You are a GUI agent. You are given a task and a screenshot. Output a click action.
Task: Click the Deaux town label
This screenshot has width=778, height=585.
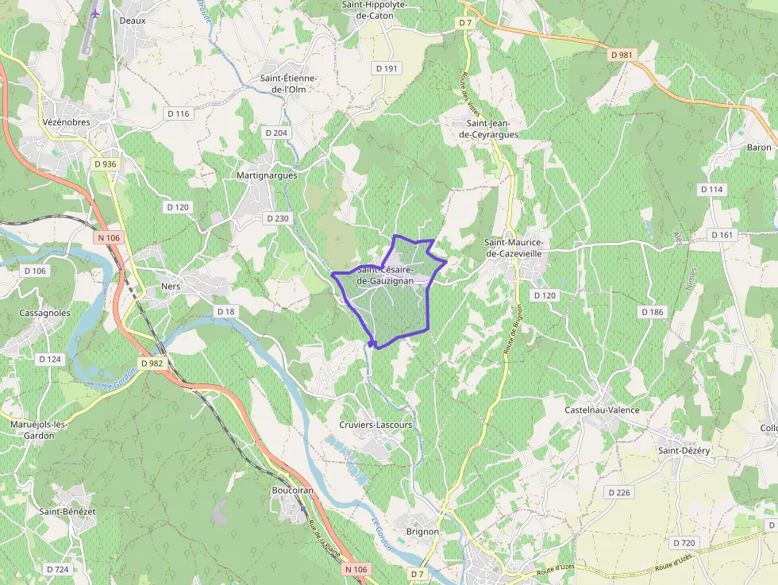[133, 21]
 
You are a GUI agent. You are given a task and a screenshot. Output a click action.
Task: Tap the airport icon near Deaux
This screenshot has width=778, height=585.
[96, 13]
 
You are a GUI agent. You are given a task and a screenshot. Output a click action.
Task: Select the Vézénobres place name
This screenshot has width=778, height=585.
[67, 122]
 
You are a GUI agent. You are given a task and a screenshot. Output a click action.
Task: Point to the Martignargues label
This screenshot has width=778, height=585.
[267, 175]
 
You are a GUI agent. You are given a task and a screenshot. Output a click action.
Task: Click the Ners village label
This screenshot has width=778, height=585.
[171, 286]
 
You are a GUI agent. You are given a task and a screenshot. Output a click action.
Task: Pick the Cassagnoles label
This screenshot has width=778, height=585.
[44, 313]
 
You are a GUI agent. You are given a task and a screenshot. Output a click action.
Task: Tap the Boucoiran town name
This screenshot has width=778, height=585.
[293, 491]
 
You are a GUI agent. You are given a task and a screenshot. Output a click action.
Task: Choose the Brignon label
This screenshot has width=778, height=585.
[422, 532]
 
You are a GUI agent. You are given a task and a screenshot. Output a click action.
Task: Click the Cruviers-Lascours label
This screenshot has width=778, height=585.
[376, 425]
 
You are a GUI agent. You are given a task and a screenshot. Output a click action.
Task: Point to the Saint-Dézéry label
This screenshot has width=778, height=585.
[684, 450]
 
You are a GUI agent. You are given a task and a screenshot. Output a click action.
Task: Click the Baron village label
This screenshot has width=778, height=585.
[759, 148]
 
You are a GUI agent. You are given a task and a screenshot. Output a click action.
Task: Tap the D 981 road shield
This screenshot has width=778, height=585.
[623, 55]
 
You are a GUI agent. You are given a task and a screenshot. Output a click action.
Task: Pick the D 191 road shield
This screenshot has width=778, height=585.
[386, 69]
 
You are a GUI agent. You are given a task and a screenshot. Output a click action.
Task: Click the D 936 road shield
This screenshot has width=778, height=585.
[104, 164]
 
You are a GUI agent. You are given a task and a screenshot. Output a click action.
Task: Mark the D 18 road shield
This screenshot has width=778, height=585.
[226, 312]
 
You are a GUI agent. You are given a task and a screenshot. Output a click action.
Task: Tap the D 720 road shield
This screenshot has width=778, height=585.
[683, 543]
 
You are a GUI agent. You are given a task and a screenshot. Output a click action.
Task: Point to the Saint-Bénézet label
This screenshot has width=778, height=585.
[67, 511]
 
